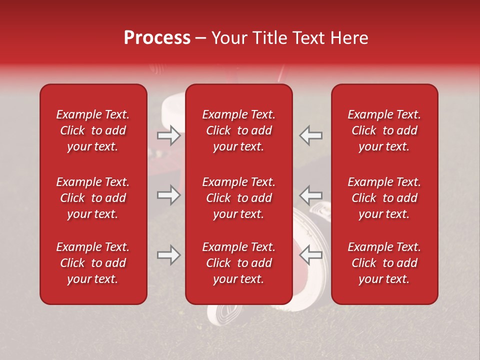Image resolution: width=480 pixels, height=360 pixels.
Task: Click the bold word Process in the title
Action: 157,38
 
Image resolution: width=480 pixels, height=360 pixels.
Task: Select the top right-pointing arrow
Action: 168,135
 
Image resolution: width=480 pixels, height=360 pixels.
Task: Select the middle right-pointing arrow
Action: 168,195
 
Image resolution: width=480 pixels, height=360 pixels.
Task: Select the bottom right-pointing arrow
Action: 168,255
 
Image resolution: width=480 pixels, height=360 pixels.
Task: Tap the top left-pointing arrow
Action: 311,135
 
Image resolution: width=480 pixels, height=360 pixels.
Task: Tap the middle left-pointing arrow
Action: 311,195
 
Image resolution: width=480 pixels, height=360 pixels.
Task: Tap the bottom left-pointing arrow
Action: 311,255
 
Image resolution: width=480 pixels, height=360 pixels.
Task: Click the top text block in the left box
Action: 93,130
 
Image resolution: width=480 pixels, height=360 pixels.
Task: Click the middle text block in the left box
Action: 93,198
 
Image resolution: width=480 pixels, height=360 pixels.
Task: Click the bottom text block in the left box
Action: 93,263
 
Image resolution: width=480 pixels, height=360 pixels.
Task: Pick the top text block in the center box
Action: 239,130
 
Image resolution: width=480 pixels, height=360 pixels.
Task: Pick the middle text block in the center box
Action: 239,198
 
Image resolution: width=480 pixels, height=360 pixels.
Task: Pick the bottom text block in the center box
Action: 239,263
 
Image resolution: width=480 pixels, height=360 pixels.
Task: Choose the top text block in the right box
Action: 384,130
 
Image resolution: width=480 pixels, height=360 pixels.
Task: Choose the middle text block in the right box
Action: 384,198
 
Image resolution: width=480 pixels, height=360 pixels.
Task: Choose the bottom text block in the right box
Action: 384,263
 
